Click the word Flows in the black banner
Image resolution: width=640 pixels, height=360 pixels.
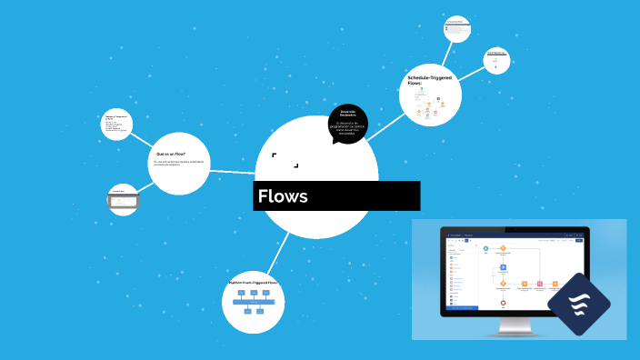click(x=283, y=196)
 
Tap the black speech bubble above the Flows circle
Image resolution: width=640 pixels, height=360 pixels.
click(x=348, y=124)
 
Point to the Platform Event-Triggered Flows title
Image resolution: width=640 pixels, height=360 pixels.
click(x=254, y=283)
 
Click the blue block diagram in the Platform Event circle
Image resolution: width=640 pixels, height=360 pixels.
click(x=254, y=301)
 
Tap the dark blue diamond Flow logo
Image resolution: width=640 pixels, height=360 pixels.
click(x=579, y=304)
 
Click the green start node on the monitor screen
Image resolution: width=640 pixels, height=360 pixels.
click(x=486, y=247)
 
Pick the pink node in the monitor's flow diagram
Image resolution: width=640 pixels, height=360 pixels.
click(x=539, y=285)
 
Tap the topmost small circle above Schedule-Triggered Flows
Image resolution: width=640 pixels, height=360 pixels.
click(x=456, y=28)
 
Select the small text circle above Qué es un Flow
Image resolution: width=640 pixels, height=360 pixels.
click(x=117, y=125)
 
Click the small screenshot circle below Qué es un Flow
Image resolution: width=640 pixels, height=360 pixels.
click(x=123, y=199)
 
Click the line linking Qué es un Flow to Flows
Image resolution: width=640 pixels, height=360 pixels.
click(x=232, y=171)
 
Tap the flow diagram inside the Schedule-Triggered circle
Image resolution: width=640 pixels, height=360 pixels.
click(x=427, y=108)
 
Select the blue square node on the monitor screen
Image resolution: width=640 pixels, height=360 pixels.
click(x=503, y=268)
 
